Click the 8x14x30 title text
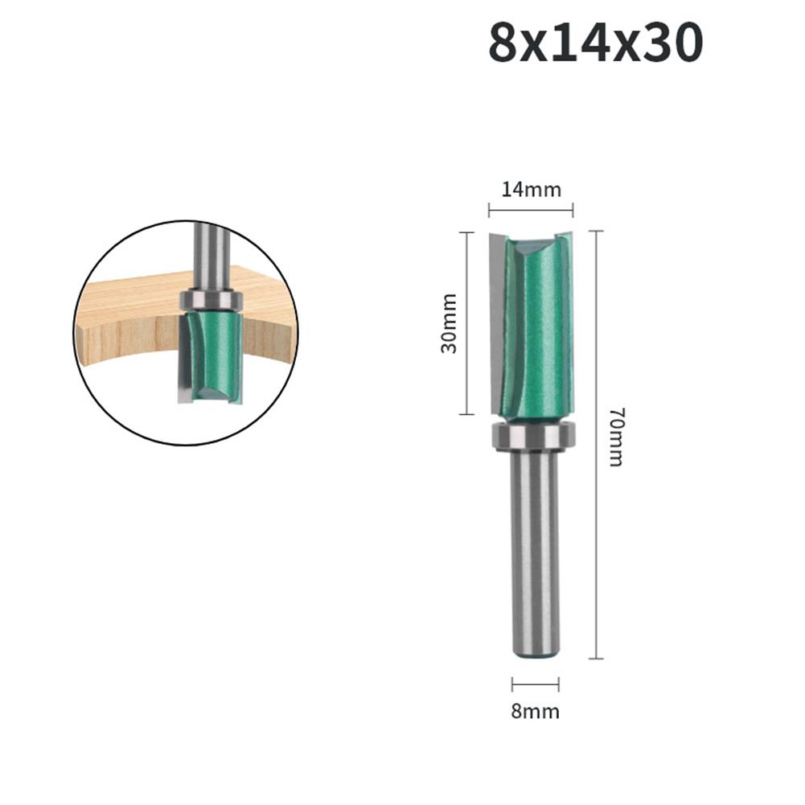coord(595,44)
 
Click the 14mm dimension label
coord(531,190)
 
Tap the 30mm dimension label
coord(449,323)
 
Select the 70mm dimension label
coord(615,437)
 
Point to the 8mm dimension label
coord(536,711)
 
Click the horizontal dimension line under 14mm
coord(531,211)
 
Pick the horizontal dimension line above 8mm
coord(536,685)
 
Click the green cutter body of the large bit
coord(537,322)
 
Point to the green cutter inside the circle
coord(215,354)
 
